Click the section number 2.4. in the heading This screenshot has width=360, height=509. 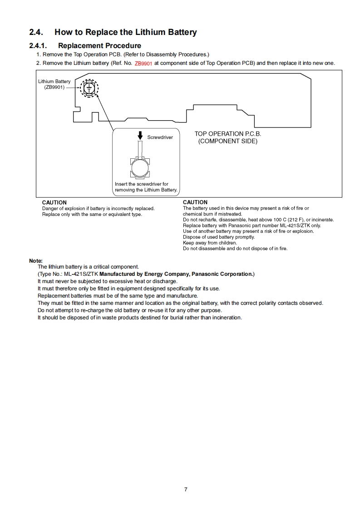pos(36,32)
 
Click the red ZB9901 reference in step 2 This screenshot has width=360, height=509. pos(143,64)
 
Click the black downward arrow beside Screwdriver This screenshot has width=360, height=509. pos(140,136)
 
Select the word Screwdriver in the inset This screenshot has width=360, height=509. pos(160,137)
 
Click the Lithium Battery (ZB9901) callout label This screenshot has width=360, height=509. pos(54,84)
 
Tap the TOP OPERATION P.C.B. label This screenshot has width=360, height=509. pos(228,134)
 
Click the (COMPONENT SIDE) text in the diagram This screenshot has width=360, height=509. pos(228,141)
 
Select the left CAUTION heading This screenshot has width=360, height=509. pos(54,202)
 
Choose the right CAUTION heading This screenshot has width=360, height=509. pos(195,202)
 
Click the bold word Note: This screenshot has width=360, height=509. pos(35,261)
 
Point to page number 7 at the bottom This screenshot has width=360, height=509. pos(186,489)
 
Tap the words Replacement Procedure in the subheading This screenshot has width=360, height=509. pos(99,46)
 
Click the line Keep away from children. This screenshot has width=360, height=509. pos(209,243)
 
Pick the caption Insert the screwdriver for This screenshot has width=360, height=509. pos(142,184)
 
